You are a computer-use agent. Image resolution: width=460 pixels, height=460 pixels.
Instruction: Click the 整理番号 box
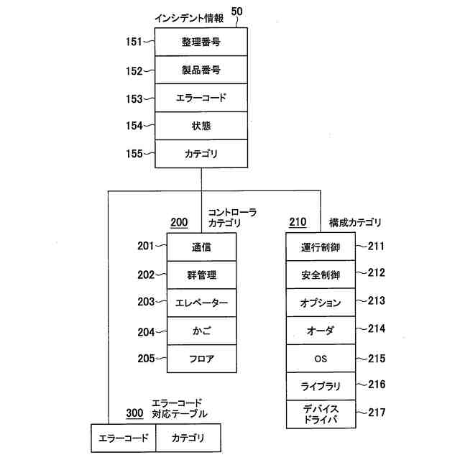point(201,42)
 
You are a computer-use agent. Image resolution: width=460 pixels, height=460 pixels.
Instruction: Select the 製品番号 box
point(201,70)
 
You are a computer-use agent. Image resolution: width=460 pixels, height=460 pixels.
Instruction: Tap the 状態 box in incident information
point(201,126)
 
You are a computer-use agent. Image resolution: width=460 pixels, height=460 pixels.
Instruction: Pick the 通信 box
point(201,247)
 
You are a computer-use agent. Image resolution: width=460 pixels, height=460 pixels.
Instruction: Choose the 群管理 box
point(201,275)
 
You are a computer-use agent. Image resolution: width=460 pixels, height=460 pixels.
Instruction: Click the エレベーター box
point(201,303)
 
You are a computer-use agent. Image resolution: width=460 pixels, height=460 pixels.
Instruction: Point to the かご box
point(201,330)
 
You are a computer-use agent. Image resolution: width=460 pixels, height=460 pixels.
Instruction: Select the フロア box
point(201,358)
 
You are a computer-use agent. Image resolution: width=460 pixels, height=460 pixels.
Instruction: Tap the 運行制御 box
point(321,247)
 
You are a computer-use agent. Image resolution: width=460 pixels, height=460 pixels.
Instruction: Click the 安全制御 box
point(321,275)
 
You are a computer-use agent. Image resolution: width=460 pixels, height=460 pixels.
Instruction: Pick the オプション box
point(321,303)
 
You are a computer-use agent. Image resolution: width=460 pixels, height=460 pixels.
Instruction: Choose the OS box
point(321,358)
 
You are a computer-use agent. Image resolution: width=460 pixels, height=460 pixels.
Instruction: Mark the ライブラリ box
point(321,386)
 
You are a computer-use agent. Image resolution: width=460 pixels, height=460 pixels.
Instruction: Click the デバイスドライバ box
point(321,414)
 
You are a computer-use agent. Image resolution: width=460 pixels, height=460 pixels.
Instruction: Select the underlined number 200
point(178,222)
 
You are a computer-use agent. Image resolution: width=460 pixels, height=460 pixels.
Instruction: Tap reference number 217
point(376,413)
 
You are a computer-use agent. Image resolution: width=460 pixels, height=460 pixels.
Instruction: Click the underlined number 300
point(134,413)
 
